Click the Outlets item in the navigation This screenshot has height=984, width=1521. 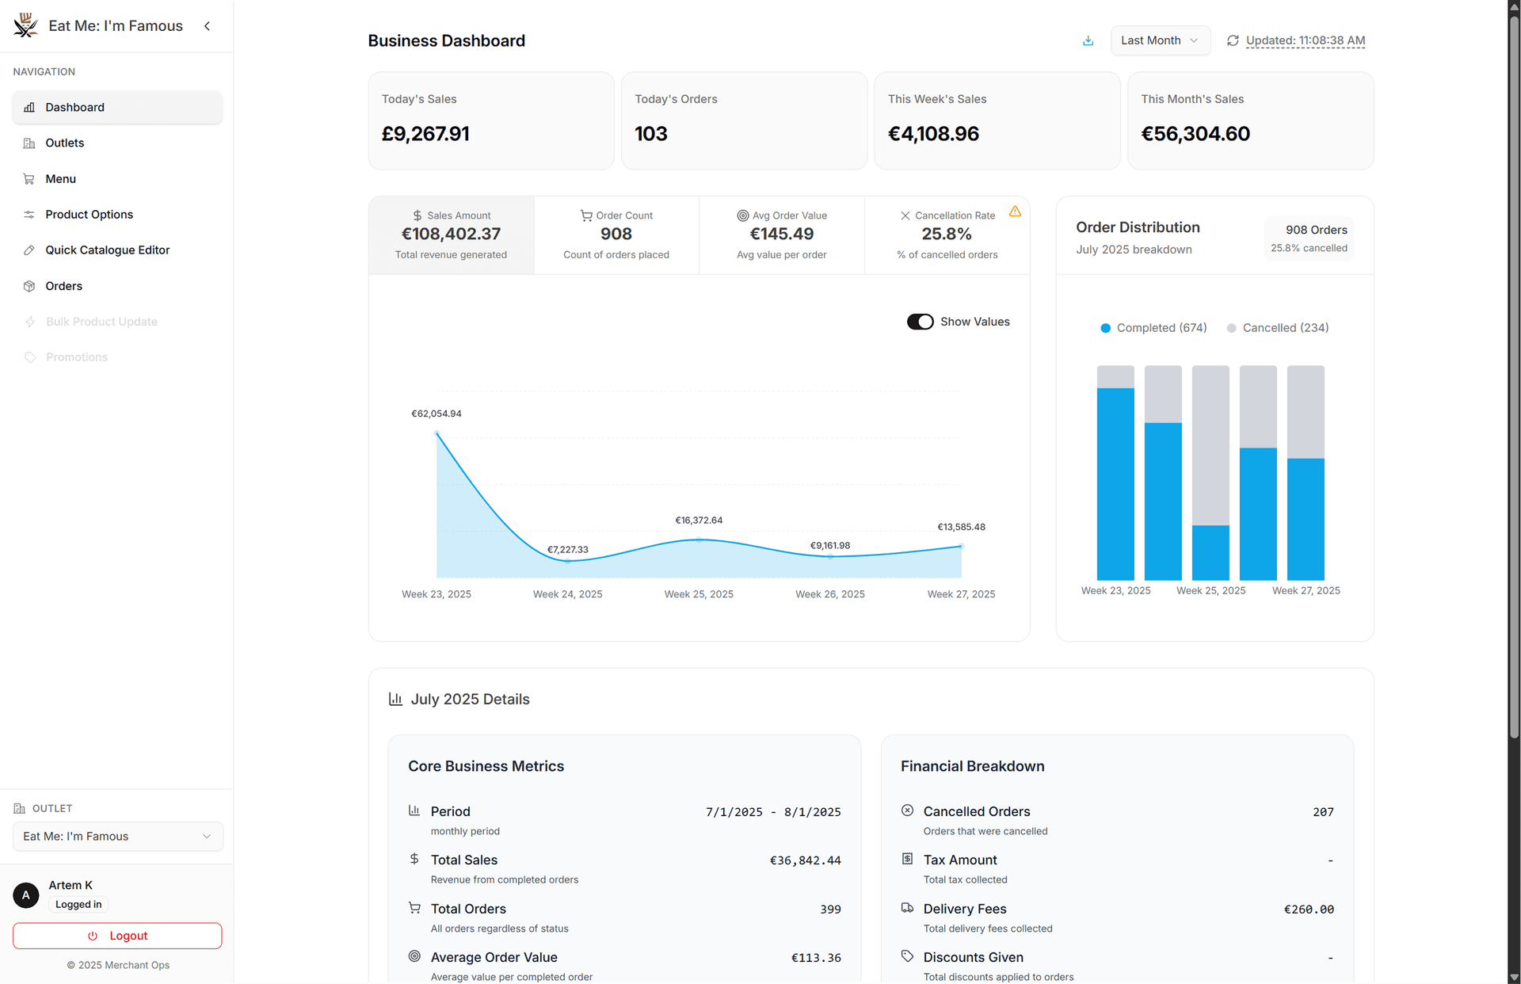pos(64,143)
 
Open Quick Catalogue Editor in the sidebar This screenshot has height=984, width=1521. pos(107,250)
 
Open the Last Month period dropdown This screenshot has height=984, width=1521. pos(1160,40)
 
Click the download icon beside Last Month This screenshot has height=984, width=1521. pos(1088,41)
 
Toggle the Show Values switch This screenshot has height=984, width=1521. pos(920,322)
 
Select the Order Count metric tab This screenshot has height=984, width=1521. pos(616,235)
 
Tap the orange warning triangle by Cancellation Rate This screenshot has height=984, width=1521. pos(1015,212)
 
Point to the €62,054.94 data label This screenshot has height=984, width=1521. pos(436,414)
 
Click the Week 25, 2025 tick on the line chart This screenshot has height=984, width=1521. pos(699,594)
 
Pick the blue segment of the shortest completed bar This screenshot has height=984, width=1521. pos(1210,552)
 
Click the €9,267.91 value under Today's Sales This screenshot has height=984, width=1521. pos(425,134)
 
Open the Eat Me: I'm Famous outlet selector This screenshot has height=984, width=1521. pos(117,837)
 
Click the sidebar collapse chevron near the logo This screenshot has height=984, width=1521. pos(208,26)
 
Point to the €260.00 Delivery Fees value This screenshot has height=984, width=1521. pos(1309,910)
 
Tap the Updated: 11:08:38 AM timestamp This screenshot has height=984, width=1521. pos(1305,40)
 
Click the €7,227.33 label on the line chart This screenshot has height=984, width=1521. pos(568,550)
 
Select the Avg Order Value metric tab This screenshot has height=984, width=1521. pos(782,235)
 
